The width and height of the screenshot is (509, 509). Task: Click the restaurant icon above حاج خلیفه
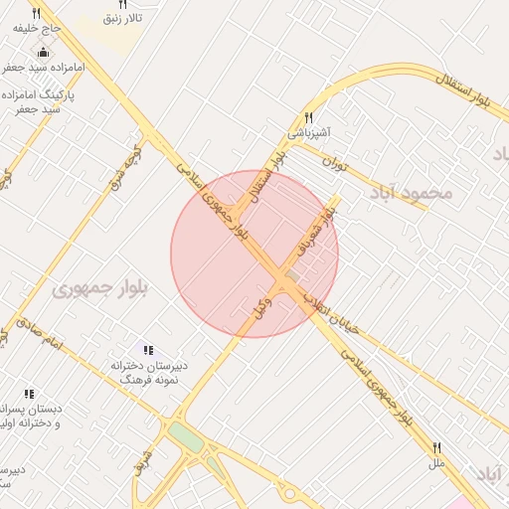click(37, 14)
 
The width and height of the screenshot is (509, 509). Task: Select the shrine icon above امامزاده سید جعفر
click(42, 53)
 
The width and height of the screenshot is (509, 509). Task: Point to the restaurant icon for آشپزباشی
click(309, 117)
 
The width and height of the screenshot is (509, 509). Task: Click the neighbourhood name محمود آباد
click(414, 192)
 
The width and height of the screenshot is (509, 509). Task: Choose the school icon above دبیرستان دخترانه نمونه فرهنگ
click(148, 350)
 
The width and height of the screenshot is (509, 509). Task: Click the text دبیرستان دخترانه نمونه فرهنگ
click(147, 373)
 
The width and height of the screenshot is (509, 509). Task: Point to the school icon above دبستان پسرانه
click(29, 394)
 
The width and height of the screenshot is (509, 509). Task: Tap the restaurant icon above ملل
click(435, 448)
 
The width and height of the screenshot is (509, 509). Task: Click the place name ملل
click(435, 464)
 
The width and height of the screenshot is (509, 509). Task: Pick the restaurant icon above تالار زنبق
click(122, 5)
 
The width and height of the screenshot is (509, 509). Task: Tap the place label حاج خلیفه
click(32, 29)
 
